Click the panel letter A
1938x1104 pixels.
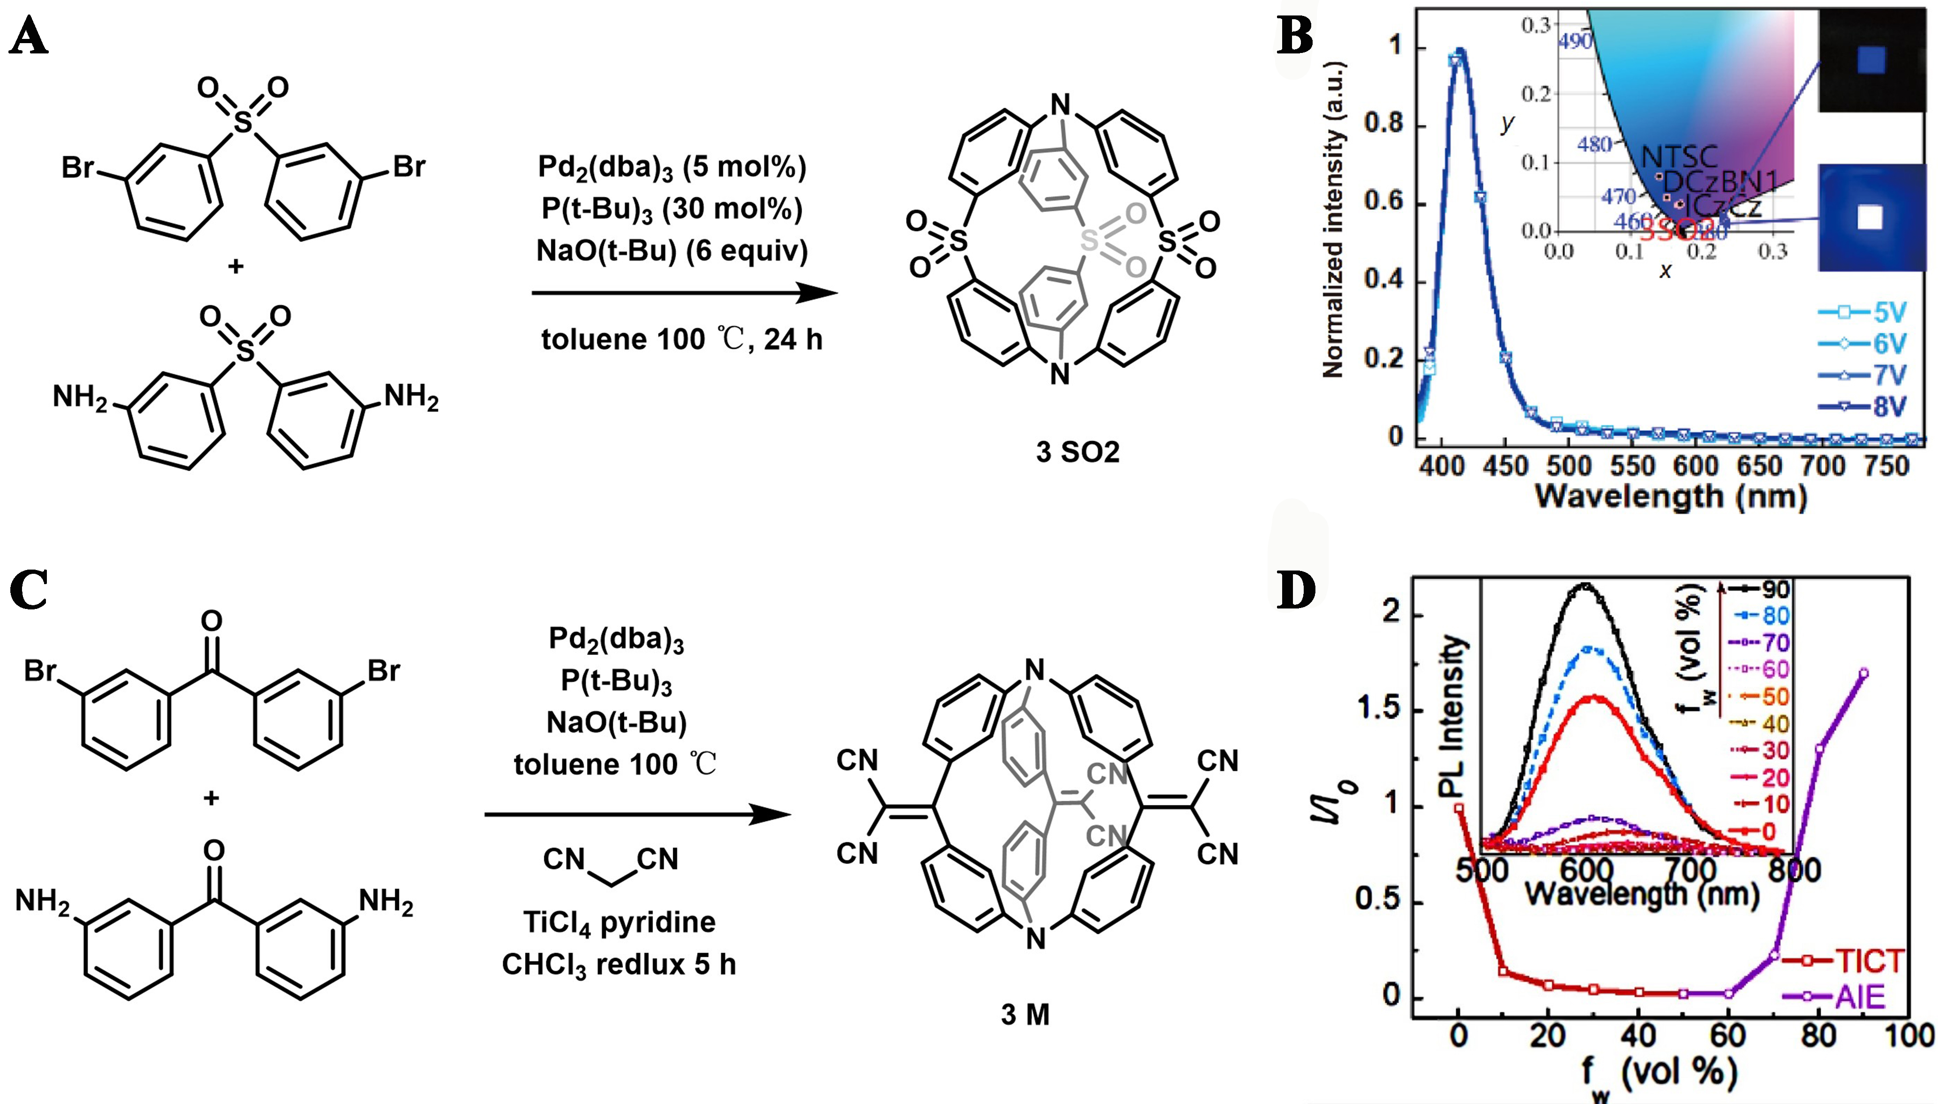click(29, 37)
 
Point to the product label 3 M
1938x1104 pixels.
click(1025, 1014)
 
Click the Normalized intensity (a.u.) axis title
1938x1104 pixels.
click(1333, 220)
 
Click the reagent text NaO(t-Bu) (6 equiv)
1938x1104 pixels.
click(672, 251)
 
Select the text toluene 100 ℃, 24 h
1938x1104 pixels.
click(681, 339)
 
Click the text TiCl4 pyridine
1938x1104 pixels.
click(619, 923)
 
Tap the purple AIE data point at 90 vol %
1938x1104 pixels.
click(1863, 673)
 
